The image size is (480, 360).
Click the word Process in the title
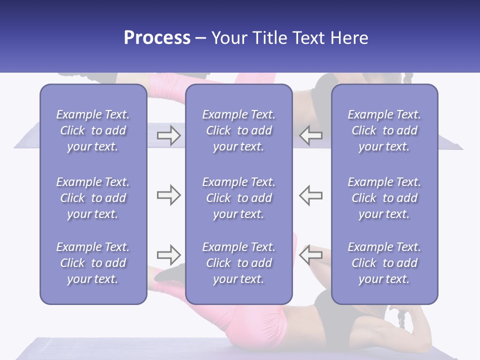(x=157, y=38)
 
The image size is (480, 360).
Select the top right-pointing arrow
(x=168, y=135)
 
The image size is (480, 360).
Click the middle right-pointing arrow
(x=168, y=195)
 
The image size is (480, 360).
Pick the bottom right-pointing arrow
(x=168, y=255)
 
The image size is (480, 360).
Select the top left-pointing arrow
(x=311, y=135)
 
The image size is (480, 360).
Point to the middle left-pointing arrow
(x=311, y=195)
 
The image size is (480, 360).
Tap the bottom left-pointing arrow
(x=311, y=255)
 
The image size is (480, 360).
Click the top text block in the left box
(x=93, y=130)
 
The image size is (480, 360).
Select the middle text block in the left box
(x=93, y=198)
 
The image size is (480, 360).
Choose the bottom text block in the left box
(x=93, y=263)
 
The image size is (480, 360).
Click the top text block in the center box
(x=239, y=130)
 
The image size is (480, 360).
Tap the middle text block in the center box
(x=239, y=198)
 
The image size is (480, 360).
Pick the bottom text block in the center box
(x=239, y=263)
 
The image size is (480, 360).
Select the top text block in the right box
(x=384, y=130)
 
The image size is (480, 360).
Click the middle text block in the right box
(x=384, y=198)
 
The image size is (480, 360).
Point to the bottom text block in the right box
(x=384, y=263)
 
